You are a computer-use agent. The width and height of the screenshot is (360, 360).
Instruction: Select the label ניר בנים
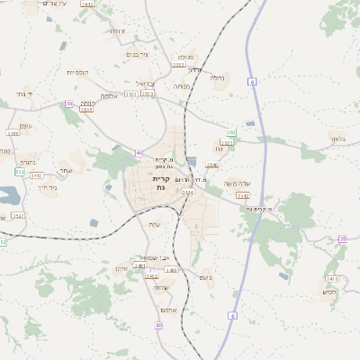tap(137, 56)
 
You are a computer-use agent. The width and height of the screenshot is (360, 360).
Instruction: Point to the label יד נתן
tap(18, 93)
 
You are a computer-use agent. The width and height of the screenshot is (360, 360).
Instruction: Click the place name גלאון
tap(337, 139)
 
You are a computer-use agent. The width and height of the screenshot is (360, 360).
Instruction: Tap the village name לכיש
tap(329, 292)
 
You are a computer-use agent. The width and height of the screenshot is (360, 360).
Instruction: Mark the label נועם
tap(204, 278)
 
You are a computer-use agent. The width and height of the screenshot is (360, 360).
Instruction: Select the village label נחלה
tap(218, 77)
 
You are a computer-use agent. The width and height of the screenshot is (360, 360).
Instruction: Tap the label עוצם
tap(26, 125)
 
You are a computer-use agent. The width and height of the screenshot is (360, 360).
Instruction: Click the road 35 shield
tap(342, 238)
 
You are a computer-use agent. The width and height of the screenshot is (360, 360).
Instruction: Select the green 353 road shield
tap(231, 132)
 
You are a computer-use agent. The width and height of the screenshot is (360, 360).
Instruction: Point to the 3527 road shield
tap(19, 216)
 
